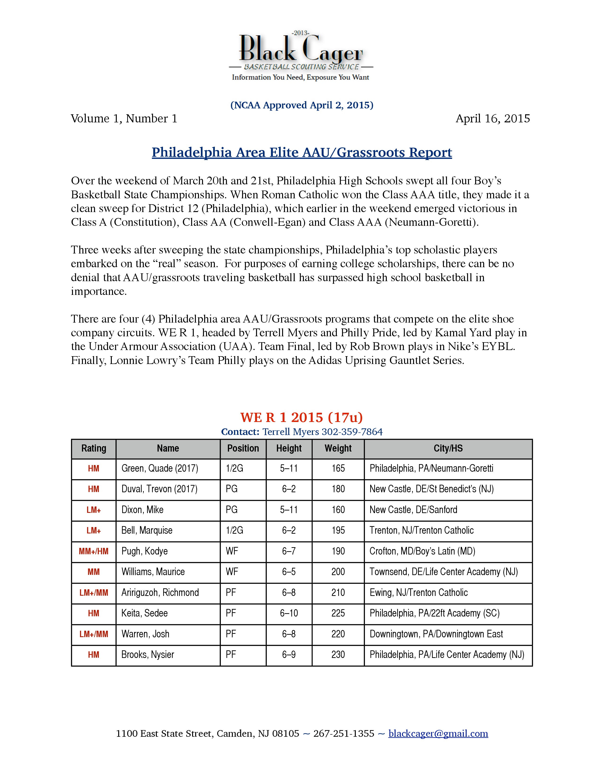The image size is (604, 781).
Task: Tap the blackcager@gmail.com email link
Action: click(x=438, y=733)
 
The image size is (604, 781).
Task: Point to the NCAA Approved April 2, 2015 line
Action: click(x=302, y=105)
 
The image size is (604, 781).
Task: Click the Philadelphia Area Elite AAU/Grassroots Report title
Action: click(x=302, y=153)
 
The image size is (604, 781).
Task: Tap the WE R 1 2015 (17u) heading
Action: click(x=301, y=417)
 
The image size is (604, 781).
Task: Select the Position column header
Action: click(x=243, y=448)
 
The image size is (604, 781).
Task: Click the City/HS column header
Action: click(x=448, y=448)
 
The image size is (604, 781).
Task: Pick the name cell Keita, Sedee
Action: click(x=144, y=613)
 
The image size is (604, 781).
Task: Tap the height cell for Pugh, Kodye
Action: click(x=289, y=551)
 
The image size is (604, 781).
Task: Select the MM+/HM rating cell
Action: click(x=93, y=551)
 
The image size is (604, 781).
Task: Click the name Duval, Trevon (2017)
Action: click(x=159, y=489)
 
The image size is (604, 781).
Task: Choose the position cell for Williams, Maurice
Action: click(x=232, y=572)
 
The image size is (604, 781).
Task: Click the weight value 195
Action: click(x=338, y=530)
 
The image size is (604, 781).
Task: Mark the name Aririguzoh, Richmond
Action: click(x=160, y=593)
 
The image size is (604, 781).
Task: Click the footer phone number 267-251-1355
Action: click(x=343, y=733)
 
